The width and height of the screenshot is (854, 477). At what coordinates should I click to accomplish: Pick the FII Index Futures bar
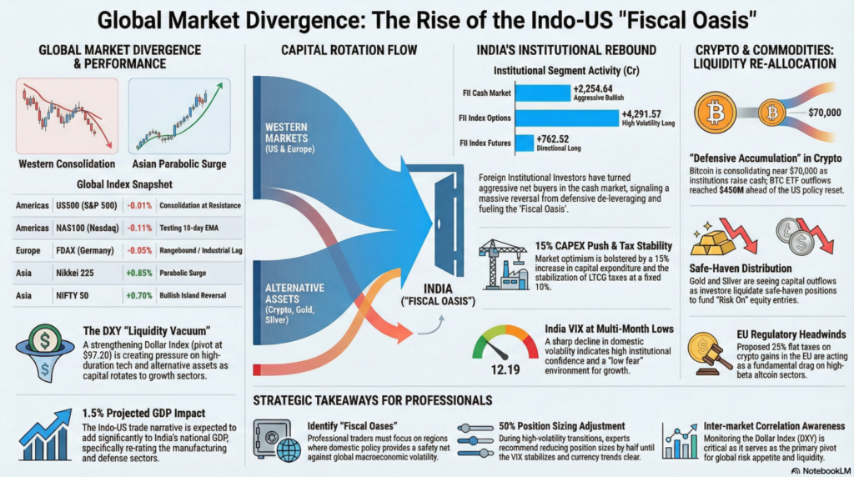[x=524, y=143]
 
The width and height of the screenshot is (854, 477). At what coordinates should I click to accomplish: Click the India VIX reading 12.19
[x=503, y=369]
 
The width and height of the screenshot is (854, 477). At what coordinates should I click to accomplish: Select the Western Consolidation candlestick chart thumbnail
[x=66, y=115]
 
